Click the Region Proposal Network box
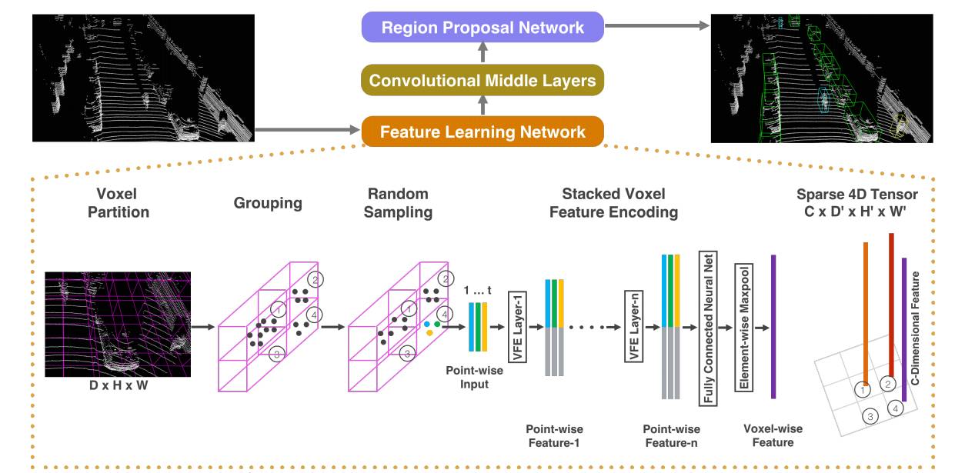[483, 28]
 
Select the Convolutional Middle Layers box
[482, 80]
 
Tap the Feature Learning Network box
[482, 132]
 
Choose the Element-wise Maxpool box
[743, 328]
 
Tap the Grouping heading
[268, 203]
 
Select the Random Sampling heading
[398, 203]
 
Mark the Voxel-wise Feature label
[773, 435]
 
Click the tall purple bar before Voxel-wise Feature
[773, 326]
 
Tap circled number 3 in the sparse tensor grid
[870, 417]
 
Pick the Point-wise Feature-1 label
[554, 435]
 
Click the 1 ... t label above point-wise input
[477, 290]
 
